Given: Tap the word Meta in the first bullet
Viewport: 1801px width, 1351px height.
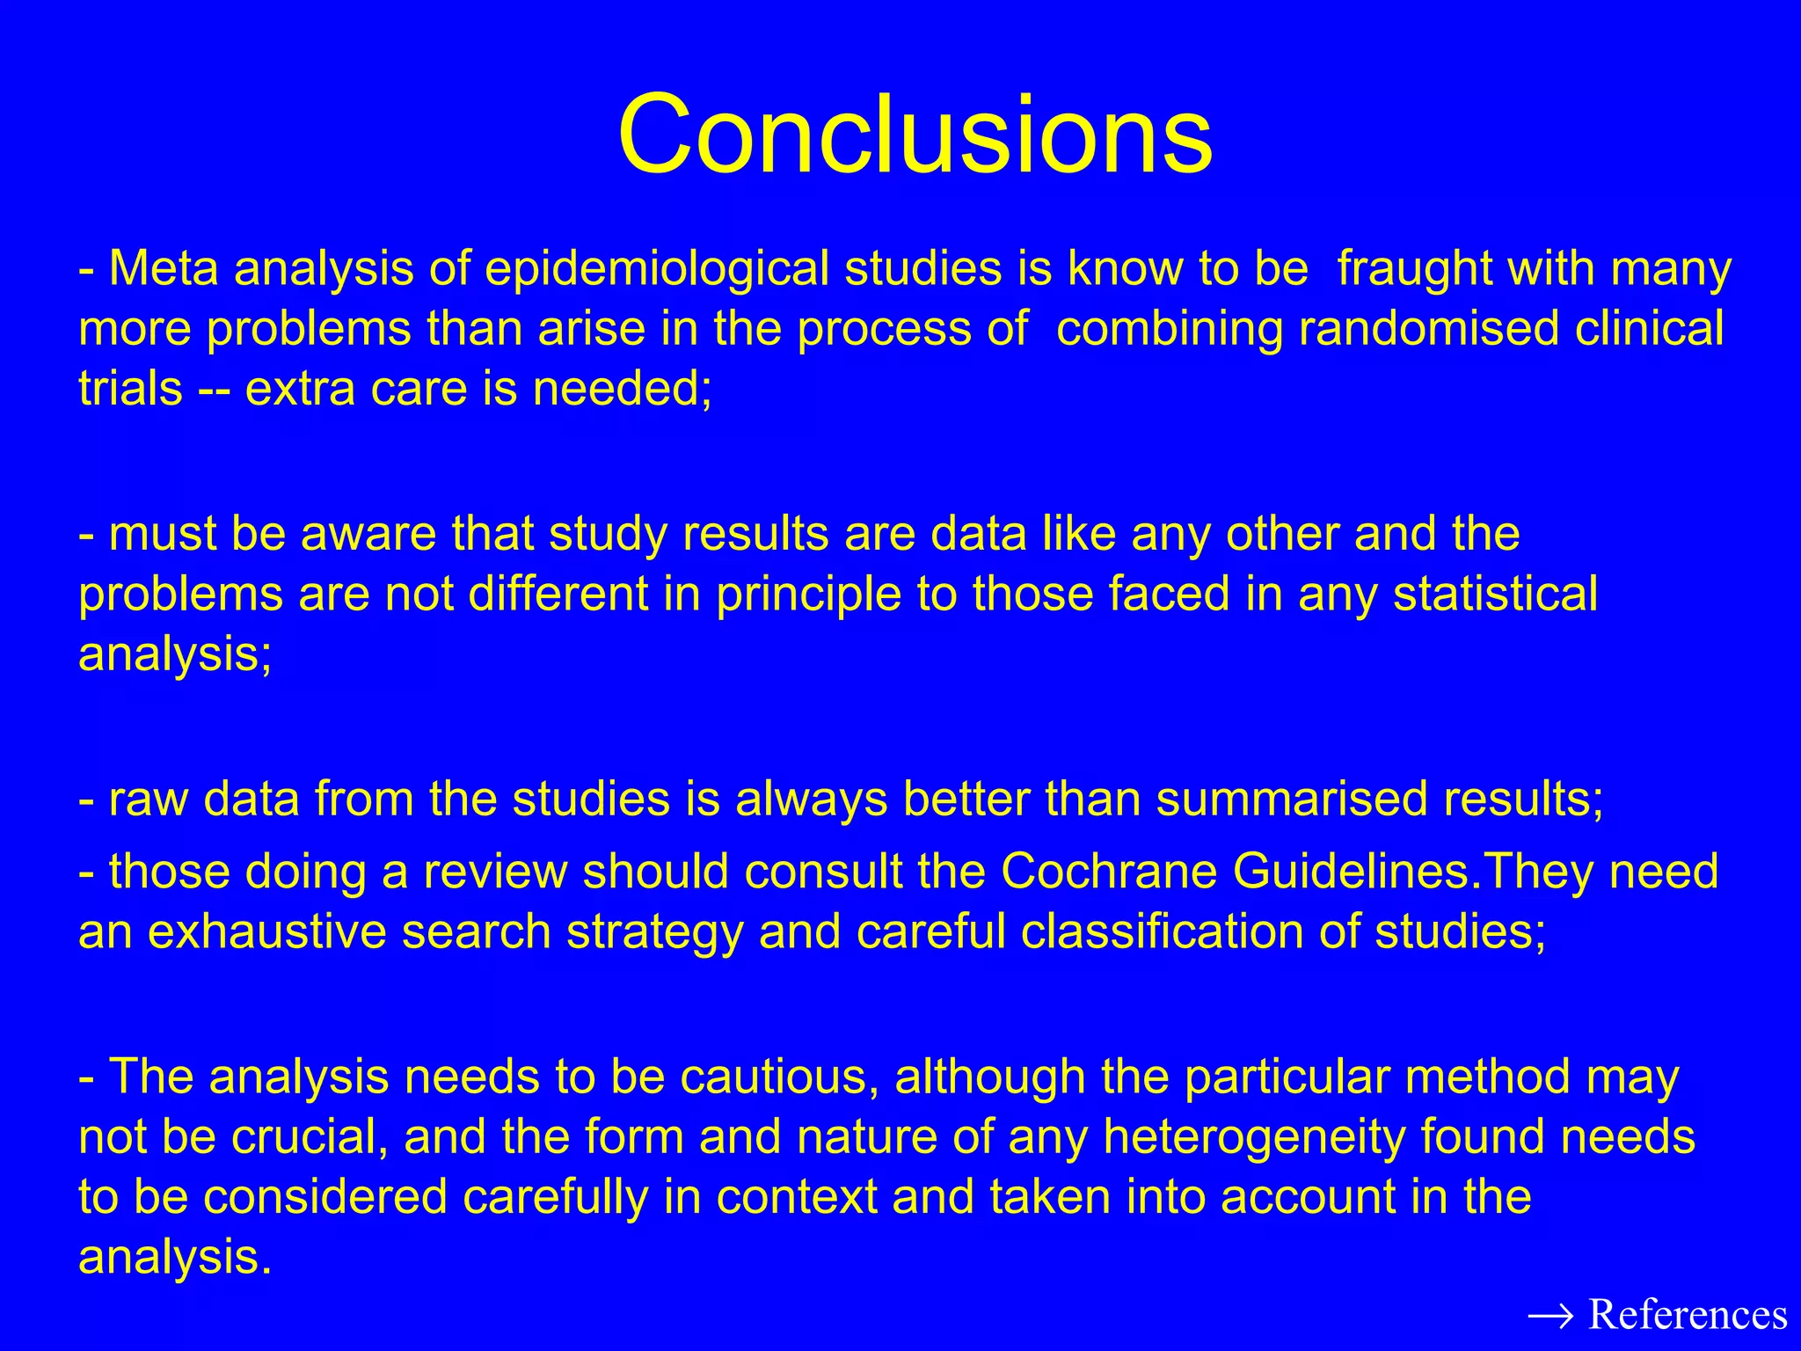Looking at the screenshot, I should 163,268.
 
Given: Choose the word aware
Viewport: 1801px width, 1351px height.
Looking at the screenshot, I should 368,534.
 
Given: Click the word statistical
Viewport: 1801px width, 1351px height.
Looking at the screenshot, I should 1495,594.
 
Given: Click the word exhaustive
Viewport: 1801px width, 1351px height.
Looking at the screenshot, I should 266,931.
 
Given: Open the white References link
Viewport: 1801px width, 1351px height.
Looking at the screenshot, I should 1688,1314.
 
